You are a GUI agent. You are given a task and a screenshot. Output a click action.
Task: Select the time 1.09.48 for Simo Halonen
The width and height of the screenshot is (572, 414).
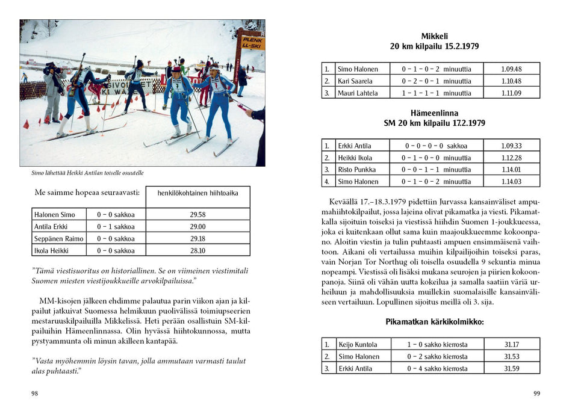[511, 69]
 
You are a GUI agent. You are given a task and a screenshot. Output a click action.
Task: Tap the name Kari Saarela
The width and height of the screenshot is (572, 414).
[355, 81]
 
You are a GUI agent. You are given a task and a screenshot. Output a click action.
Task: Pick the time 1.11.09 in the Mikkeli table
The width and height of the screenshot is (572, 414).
[511, 93]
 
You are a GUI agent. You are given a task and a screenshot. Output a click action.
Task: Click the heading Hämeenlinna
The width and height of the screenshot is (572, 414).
[431, 113]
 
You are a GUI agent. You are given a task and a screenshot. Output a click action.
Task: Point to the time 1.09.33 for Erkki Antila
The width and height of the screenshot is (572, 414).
[511, 146]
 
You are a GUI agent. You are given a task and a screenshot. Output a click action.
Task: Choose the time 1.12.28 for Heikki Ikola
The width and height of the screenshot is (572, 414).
[511, 158]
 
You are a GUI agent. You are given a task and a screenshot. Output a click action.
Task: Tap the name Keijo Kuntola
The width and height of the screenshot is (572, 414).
[358, 345]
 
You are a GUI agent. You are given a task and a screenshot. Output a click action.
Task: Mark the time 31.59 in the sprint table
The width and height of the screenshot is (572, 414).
[511, 368]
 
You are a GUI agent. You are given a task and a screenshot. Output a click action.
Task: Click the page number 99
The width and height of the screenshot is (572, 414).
[536, 394]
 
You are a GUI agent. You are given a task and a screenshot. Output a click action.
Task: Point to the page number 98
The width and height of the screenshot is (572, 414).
[34, 394]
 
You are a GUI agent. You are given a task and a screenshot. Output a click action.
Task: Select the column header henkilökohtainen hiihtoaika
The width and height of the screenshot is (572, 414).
[197, 193]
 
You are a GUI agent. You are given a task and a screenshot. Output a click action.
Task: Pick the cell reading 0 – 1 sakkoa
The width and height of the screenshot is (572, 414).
[116, 227]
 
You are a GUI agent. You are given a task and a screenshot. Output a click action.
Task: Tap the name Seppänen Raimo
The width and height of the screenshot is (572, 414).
[58, 239]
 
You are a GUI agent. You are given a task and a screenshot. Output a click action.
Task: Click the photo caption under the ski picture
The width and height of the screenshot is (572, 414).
[87, 173]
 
